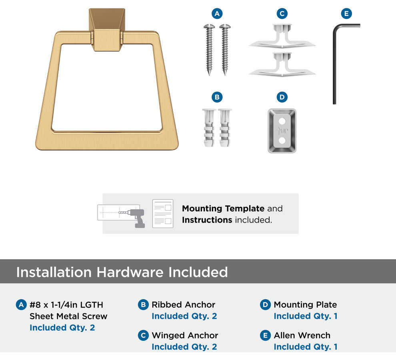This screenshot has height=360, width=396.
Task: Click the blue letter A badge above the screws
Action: (217, 14)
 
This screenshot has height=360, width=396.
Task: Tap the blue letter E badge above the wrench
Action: (346, 14)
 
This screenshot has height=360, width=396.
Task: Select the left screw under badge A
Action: (209, 50)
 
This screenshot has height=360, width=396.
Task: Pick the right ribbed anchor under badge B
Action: (225, 128)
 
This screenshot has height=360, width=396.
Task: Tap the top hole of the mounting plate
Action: (282, 121)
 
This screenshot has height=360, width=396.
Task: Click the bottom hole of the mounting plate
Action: (282, 140)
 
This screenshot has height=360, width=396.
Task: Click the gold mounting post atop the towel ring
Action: (107, 30)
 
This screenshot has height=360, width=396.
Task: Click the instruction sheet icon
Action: (163, 214)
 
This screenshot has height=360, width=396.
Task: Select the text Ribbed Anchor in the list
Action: (183, 305)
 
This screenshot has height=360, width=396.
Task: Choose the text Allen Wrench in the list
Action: (302, 336)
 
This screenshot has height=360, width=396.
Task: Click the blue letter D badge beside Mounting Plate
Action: (265, 305)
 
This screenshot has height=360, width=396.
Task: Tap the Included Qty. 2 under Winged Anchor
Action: (184, 347)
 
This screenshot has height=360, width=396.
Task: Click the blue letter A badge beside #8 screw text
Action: (21, 305)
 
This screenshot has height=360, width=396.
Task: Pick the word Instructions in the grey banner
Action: (207, 220)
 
